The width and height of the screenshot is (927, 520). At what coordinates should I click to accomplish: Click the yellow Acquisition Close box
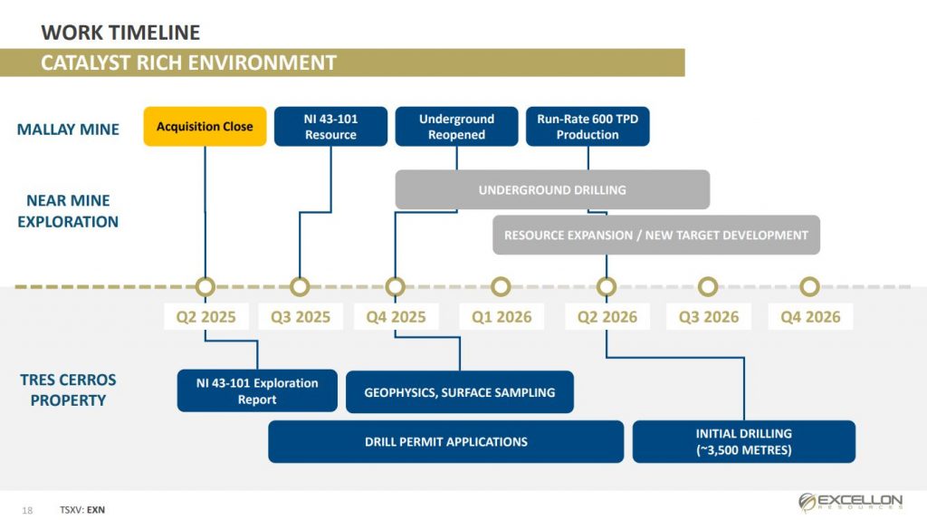[205, 126]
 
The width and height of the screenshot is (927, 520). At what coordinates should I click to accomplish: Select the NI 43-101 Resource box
[330, 126]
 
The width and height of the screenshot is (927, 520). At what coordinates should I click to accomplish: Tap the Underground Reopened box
[456, 126]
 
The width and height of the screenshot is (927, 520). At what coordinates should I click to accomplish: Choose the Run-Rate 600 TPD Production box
[588, 126]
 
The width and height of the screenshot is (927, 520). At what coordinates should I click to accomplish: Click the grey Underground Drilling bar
[552, 189]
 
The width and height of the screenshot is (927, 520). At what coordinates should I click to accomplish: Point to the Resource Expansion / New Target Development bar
[656, 235]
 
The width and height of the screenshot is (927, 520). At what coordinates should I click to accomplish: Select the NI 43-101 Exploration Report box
[257, 390]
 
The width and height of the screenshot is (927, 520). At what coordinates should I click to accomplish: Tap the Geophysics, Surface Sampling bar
[459, 391]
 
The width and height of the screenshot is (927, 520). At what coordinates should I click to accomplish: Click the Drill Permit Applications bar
[445, 441]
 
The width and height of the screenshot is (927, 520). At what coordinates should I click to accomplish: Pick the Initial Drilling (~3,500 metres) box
[744, 441]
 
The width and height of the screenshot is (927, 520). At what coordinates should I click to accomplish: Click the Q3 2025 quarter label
[301, 317]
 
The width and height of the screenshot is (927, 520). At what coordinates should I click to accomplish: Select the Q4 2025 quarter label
[397, 317]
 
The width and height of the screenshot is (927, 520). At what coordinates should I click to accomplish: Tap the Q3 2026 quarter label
[709, 317]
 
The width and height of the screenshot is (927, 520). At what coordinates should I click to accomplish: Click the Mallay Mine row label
[68, 129]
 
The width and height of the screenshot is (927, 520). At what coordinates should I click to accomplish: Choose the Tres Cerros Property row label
[68, 390]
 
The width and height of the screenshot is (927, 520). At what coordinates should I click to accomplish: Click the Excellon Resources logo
[851, 502]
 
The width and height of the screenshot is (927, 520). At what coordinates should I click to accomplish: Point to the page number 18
[27, 510]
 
